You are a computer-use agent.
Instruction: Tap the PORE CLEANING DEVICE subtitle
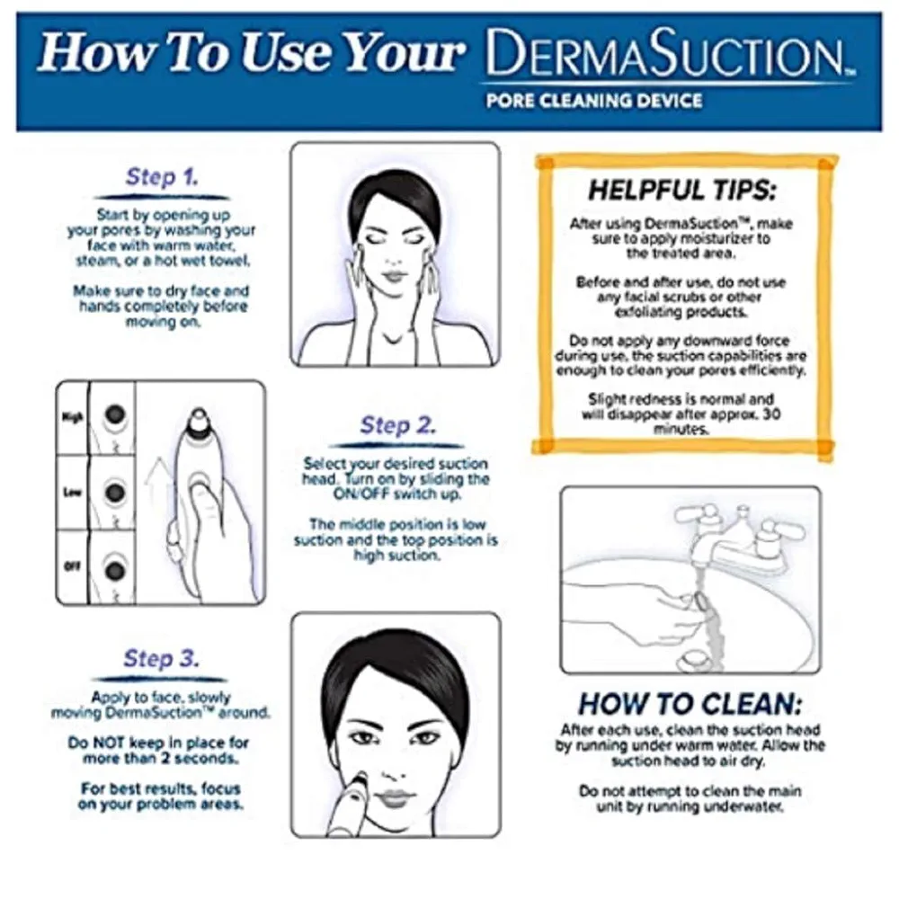tap(593, 100)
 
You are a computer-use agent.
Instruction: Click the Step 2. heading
tap(397, 424)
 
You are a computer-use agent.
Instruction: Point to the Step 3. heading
tap(162, 658)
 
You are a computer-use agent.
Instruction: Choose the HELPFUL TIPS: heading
tap(681, 191)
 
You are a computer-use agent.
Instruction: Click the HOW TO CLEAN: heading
tap(690, 703)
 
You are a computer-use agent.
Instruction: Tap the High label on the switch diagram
tap(73, 417)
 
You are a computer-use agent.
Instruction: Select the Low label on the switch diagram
tap(73, 494)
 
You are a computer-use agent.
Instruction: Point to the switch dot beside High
tap(114, 414)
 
